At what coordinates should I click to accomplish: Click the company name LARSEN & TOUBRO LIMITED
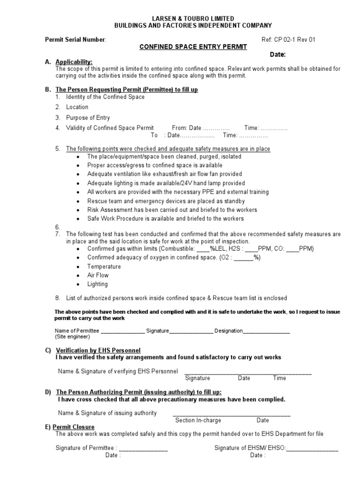point(193,18)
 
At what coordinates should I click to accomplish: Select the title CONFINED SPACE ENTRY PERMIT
point(193,47)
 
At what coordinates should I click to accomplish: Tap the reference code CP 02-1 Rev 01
point(295,40)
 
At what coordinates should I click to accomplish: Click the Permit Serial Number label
point(75,40)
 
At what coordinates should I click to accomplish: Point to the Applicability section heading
point(74,62)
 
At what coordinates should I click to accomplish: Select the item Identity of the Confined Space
point(105,97)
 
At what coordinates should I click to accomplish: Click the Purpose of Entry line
point(88,118)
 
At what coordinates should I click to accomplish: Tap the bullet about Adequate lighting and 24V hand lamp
point(166,183)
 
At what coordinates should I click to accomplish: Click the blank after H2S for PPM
point(251,249)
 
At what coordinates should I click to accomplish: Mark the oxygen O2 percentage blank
point(244,258)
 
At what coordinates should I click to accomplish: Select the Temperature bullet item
point(104,267)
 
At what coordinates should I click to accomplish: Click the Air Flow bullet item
point(97,275)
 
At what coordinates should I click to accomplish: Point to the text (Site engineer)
point(72,337)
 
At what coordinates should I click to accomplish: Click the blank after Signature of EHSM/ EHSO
point(312,449)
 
